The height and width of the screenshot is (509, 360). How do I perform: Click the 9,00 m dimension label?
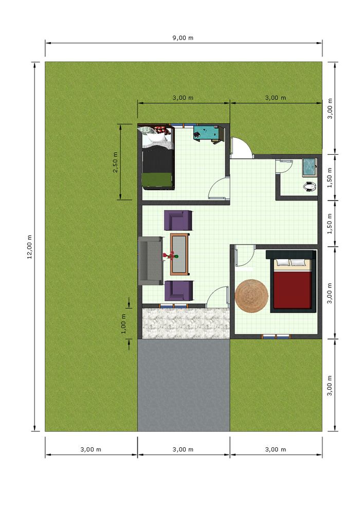coord(183,38)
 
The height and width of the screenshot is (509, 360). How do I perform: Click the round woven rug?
coord(251,296)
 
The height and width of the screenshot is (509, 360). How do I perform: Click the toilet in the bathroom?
coord(310,186)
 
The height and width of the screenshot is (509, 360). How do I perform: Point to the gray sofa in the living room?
coord(150,261)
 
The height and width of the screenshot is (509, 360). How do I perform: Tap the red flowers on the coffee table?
coord(170,255)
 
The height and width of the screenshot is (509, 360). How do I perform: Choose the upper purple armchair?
coord(178,220)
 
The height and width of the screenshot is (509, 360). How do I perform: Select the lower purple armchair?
coord(178,290)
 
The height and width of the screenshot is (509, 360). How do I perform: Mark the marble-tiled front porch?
coord(184,323)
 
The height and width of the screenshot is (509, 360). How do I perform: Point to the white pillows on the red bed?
coord(291,263)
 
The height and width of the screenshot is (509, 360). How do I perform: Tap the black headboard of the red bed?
coord(290,254)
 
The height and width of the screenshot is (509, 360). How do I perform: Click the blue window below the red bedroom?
coord(276,337)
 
